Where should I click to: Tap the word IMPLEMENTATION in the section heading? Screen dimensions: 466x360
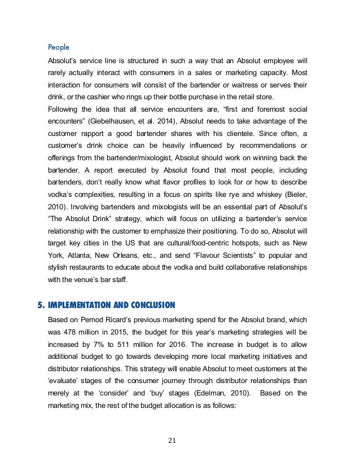(x=82, y=305)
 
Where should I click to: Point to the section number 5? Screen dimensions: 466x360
(x=40, y=305)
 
